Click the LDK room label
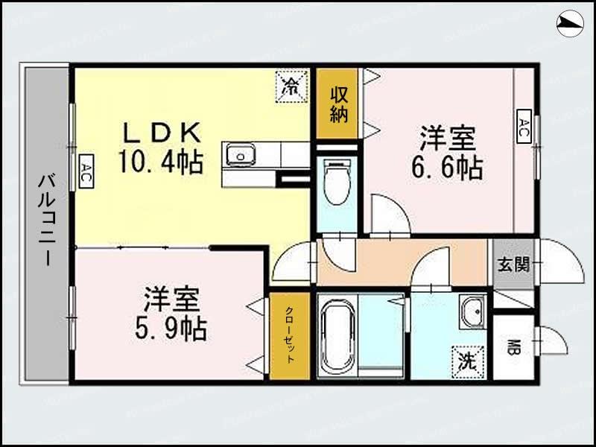[161, 133]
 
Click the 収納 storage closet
[340, 104]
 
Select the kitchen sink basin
[241, 156]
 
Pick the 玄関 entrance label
[513, 264]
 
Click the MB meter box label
[513, 347]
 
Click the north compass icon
[571, 25]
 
